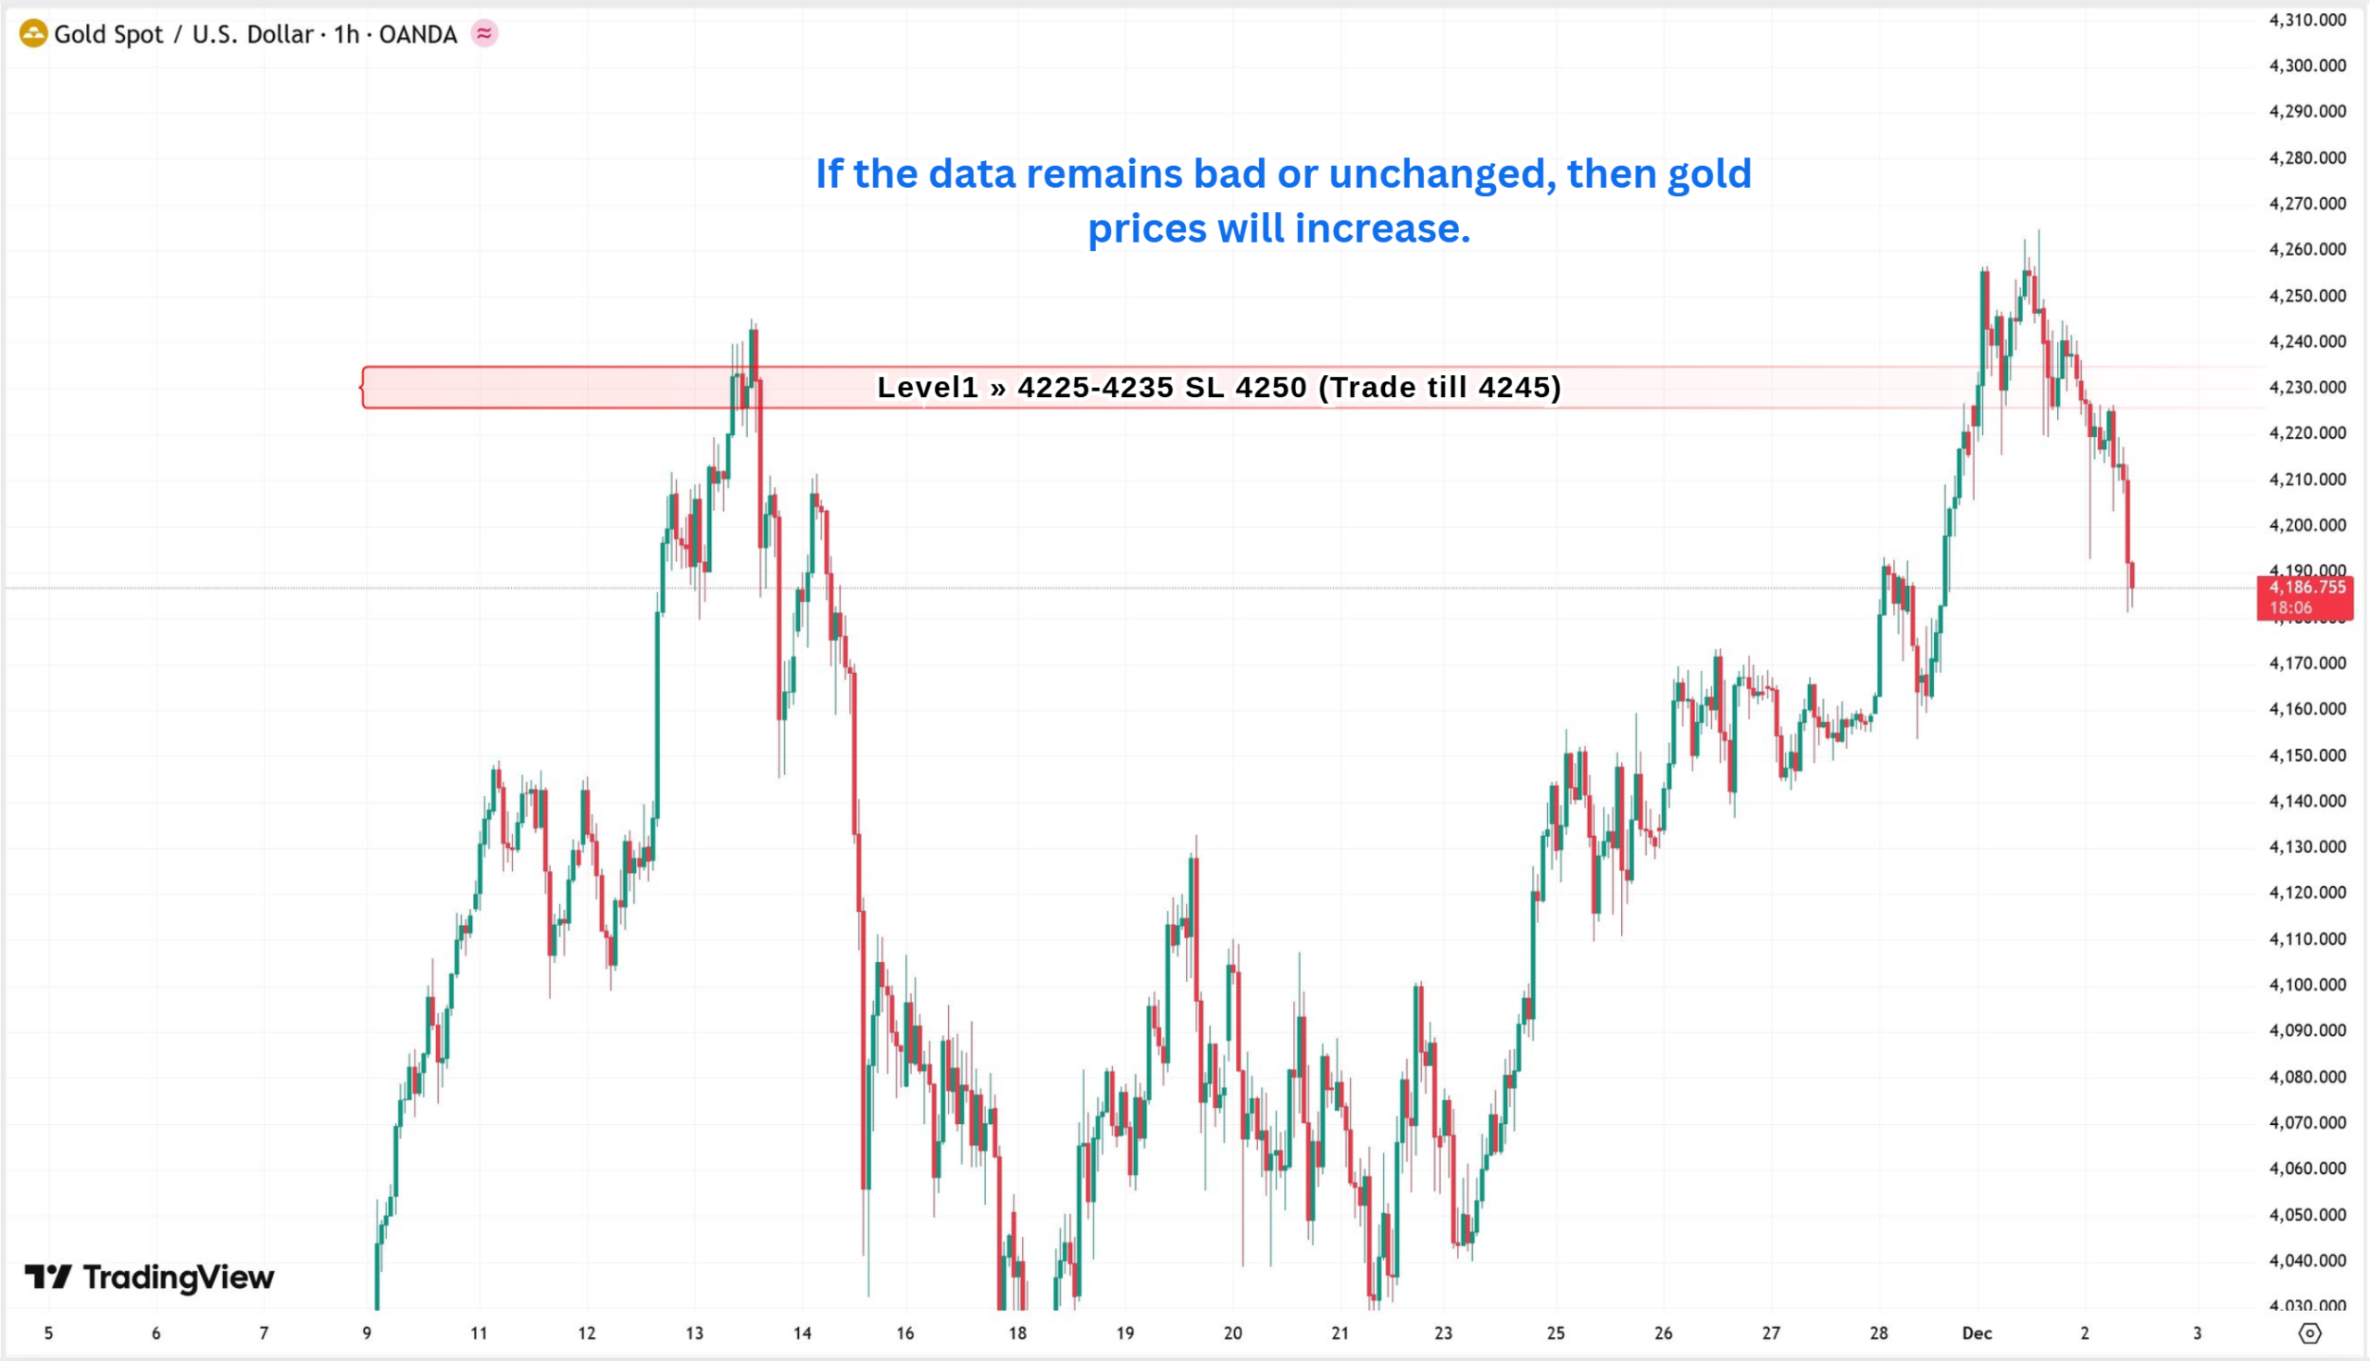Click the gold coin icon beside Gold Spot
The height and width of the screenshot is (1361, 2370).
[32, 34]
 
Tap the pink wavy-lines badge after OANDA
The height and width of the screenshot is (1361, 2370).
[484, 33]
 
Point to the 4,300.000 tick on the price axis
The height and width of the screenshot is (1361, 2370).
[2306, 66]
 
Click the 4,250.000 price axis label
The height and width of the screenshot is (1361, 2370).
[2306, 295]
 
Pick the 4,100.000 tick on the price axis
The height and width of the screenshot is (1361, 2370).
[2306, 984]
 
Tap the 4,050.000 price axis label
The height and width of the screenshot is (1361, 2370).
[2306, 1214]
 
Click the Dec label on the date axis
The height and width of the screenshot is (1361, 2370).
[1977, 1333]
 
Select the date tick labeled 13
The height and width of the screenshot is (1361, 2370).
[694, 1333]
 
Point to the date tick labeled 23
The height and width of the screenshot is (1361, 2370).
[1444, 1333]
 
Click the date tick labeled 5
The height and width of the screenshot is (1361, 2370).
[48, 1333]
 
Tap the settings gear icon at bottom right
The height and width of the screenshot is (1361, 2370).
[2309, 1333]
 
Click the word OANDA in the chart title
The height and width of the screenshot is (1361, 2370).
[418, 34]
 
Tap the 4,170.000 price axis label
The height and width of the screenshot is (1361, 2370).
[2306, 663]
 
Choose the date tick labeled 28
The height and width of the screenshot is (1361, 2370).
[1878, 1333]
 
